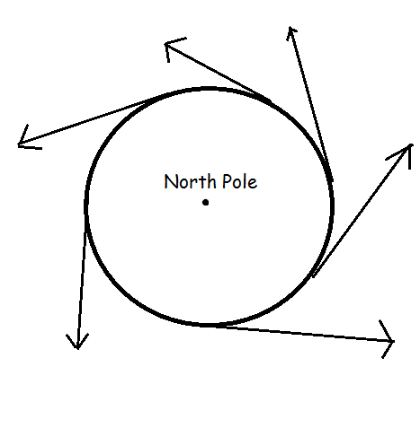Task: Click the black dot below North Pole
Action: [x=205, y=203]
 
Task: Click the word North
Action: [x=190, y=181]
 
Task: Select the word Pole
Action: [x=240, y=181]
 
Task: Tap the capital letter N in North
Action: [x=170, y=181]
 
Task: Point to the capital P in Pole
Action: [x=227, y=181]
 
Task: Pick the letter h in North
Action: [x=211, y=181]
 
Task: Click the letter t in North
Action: [x=202, y=182]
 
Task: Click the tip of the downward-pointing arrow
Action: [x=77, y=349]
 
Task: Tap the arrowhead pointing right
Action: [x=387, y=339]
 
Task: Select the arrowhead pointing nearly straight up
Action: [x=290, y=32]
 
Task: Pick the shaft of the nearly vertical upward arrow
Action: [x=310, y=103]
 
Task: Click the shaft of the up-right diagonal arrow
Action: [x=362, y=210]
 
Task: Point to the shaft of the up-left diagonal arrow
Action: [x=218, y=71]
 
